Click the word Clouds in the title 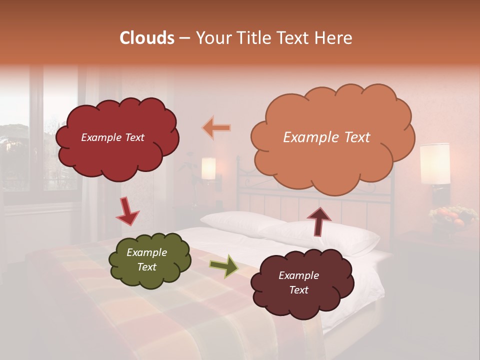tap(147, 38)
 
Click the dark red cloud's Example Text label tap(112, 137)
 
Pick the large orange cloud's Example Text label tap(326, 137)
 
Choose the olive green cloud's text tap(146, 260)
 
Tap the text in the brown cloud tap(298, 282)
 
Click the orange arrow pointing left tap(216, 128)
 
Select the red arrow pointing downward tap(127, 211)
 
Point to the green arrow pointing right tap(223, 266)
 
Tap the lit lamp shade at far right tap(434, 163)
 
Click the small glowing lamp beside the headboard tap(208, 168)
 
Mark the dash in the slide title tap(184, 38)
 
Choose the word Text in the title tap(295, 38)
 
